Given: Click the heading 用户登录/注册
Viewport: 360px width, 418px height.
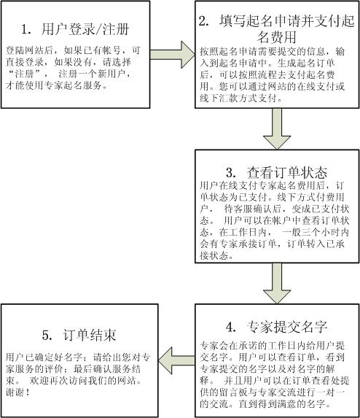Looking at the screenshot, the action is pyautogui.click(x=85, y=29).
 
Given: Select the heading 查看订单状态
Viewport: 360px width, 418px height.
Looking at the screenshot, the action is pyautogui.click(x=287, y=173).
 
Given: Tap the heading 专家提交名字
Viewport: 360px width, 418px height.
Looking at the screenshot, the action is pyautogui.click(x=287, y=327).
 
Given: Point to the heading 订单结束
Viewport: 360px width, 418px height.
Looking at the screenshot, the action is pyautogui.click(x=90, y=335).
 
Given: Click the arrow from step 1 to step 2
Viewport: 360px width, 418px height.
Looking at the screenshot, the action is pyautogui.click(x=173, y=55).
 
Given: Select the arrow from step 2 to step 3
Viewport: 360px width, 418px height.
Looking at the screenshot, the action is pyautogui.click(x=277, y=129).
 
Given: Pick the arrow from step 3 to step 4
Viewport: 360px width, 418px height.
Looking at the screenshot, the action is pyautogui.click(x=277, y=283).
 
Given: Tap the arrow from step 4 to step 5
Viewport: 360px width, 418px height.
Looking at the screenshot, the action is pyautogui.click(x=176, y=360).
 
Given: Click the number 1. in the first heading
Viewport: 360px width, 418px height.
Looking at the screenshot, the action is pyautogui.click(x=26, y=29).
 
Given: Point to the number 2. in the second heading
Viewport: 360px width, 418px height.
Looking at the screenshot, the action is pyautogui.click(x=204, y=21).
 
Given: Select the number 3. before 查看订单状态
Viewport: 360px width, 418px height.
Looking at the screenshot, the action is pyautogui.click(x=231, y=173).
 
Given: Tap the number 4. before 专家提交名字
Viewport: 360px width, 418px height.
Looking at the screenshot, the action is pyautogui.click(x=231, y=327).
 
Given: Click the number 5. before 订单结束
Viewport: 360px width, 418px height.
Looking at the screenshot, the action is pyautogui.click(x=47, y=336).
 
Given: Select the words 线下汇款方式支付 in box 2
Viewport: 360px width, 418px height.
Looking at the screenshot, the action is pyautogui.click(x=238, y=98).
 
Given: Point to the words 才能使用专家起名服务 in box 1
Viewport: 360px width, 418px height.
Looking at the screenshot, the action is pyautogui.click(x=54, y=85).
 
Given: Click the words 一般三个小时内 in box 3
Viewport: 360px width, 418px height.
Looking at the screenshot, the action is pyautogui.click(x=316, y=232).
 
